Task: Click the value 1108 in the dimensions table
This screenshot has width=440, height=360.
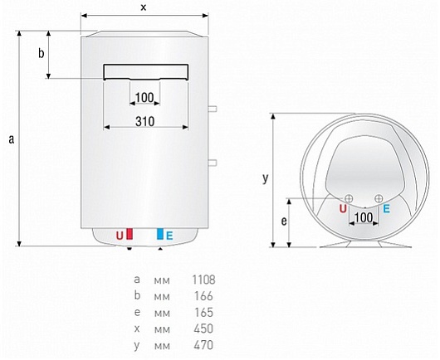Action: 203,280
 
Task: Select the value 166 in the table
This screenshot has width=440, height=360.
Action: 203,296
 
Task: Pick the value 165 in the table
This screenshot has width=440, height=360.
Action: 203,313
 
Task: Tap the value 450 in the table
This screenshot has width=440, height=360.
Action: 203,328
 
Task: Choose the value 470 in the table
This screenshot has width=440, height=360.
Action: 203,345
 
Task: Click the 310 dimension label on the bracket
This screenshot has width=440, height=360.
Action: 144,121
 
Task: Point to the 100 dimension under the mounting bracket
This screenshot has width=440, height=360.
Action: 144,98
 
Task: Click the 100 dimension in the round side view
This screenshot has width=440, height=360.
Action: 364,217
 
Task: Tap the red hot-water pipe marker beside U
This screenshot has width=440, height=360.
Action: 130,234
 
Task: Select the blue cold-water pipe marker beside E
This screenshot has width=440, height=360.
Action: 160,234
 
